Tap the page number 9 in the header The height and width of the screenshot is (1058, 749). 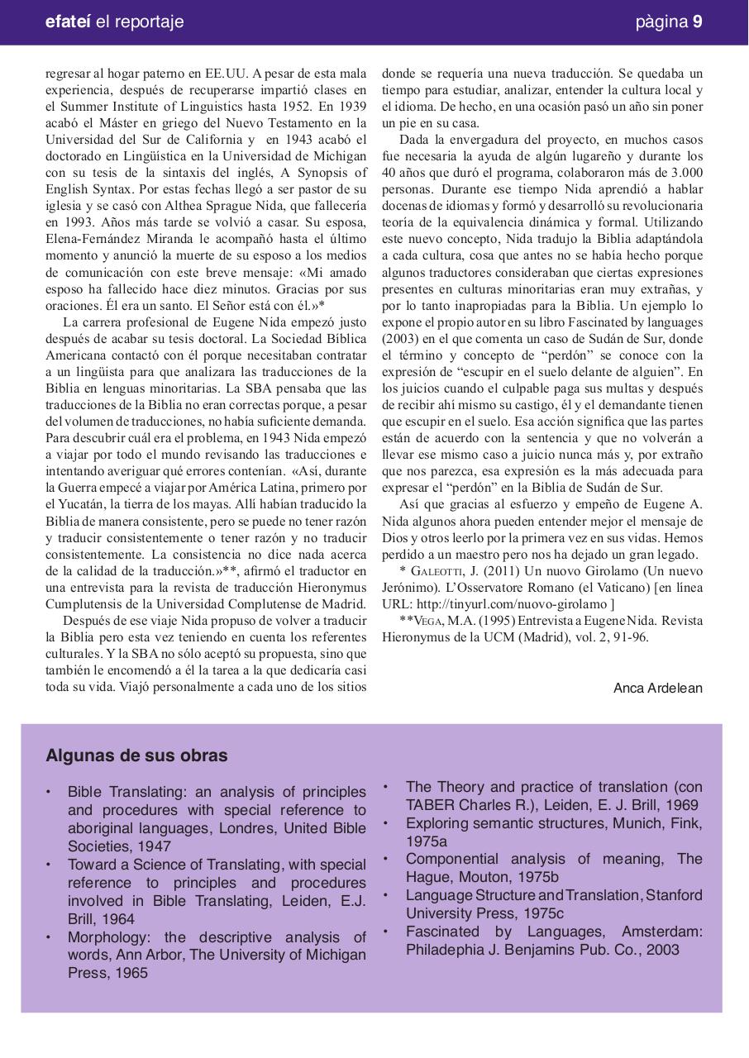tap(698, 21)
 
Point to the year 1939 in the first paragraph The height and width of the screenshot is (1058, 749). tap(350, 107)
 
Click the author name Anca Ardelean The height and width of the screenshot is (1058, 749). tap(657, 689)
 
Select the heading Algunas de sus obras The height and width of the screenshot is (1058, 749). tap(136, 755)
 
